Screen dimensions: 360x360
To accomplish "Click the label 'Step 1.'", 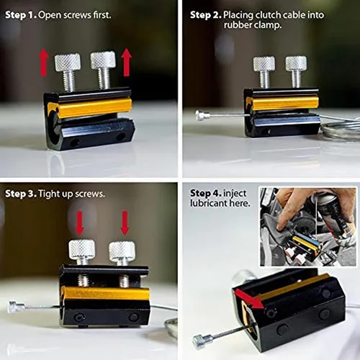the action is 21,15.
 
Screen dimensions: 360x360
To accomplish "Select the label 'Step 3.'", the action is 21,194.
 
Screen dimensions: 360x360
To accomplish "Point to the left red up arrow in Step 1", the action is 44,62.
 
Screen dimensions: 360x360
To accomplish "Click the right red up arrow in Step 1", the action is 126,63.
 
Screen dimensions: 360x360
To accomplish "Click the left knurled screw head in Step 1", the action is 68,63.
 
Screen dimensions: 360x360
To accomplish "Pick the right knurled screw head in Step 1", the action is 103,60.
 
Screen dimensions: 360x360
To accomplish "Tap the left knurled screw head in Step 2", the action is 264,64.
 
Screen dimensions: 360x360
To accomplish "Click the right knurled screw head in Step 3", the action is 122,251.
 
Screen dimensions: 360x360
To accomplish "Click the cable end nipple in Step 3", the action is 16,307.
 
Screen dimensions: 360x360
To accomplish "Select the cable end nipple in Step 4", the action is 203,341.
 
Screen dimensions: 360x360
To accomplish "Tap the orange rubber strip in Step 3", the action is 106,294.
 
